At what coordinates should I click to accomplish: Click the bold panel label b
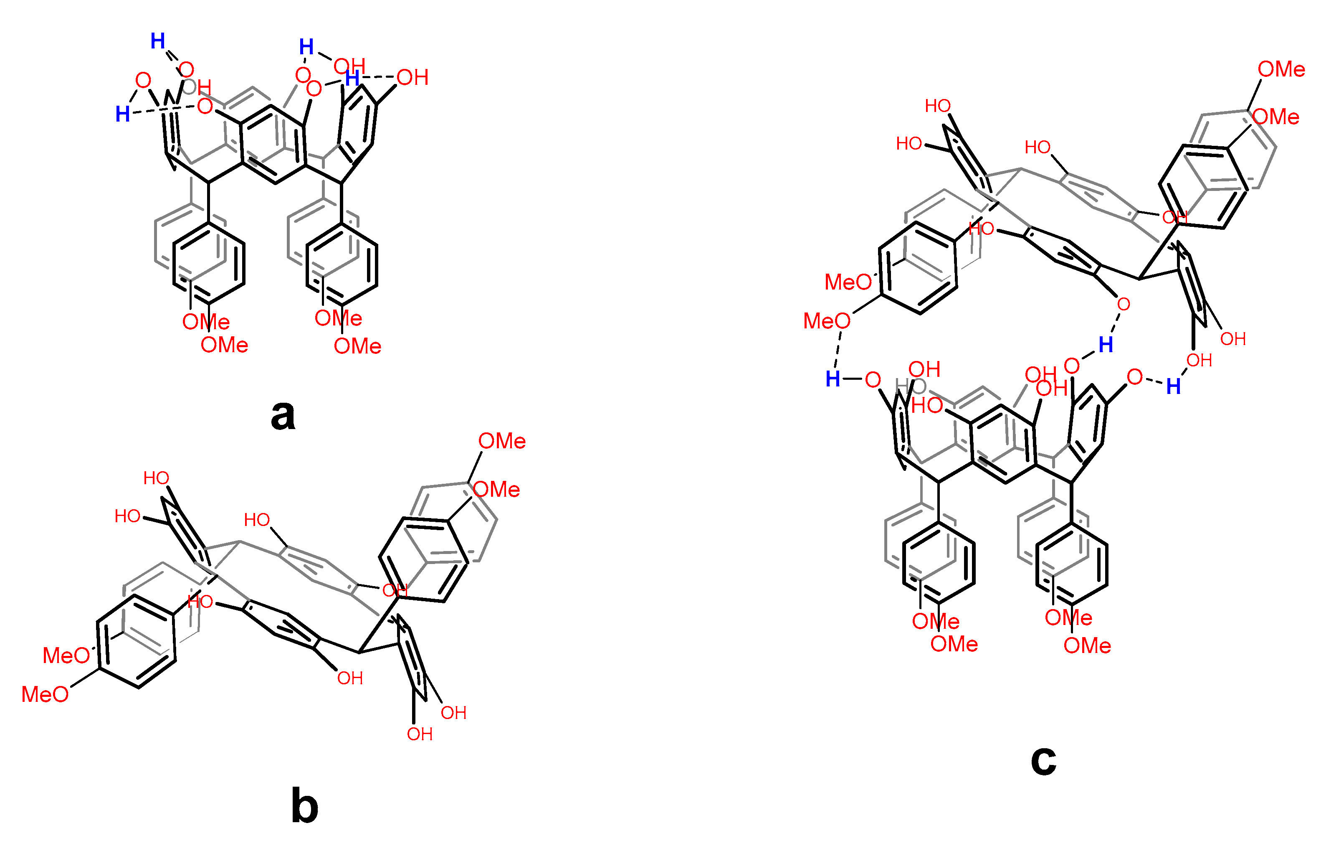(304, 806)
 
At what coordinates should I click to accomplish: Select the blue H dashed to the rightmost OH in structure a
(352, 78)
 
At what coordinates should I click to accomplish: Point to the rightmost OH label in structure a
(412, 77)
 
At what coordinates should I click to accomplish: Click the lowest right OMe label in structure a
(357, 346)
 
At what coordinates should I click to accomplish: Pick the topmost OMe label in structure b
(502, 441)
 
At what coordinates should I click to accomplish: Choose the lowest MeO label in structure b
(45, 694)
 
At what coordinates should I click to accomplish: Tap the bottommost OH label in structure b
(420, 734)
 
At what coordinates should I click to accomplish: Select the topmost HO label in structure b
(156, 478)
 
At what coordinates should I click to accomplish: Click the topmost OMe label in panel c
(1281, 69)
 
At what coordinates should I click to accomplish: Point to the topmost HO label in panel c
(937, 105)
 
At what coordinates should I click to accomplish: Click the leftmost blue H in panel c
(833, 379)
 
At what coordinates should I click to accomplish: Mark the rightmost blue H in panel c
(1173, 387)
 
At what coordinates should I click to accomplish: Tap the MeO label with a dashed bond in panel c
(827, 321)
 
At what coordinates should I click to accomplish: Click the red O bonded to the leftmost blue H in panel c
(873, 380)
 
